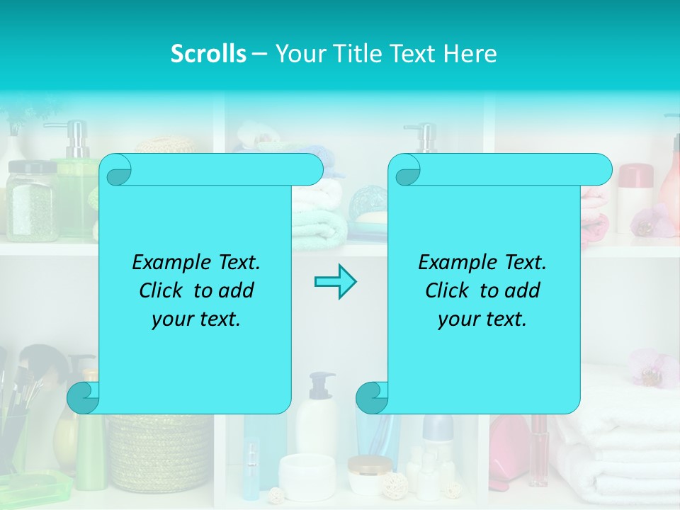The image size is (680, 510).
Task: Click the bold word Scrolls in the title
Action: pyautogui.click(x=209, y=54)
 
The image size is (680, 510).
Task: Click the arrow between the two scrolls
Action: pyautogui.click(x=335, y=281)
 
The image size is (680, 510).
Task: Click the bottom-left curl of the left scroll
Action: pyautogui.click(x=84, y=398)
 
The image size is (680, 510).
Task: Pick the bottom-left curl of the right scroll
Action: pyautogui.click(x=372, y=398)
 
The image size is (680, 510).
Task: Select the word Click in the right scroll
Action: pyautogui.click(x=446, y=291)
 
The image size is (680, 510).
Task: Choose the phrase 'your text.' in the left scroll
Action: pyautogui.click(x=196, y=319)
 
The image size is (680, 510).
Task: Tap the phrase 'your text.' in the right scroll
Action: pyautogui.click(x=482, y=319)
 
